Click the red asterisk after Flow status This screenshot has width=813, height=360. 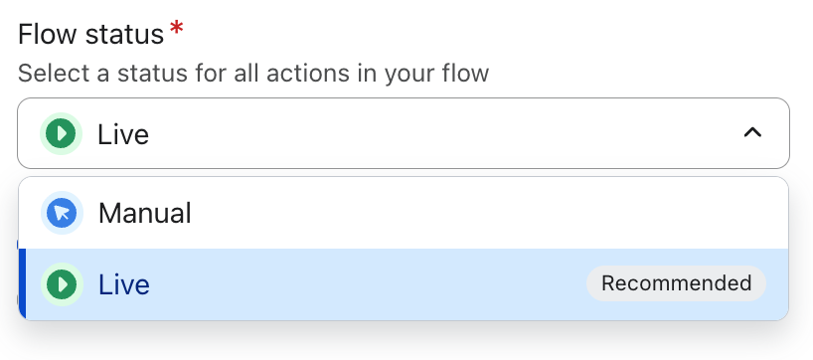176,28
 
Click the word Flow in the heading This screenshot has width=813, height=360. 48,35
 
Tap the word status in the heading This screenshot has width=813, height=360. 124,35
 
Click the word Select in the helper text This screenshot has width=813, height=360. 54,74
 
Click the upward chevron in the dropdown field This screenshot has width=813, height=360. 752,133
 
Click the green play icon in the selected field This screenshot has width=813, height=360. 62,134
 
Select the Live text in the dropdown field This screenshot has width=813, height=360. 123,134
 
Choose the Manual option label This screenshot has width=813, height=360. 145,213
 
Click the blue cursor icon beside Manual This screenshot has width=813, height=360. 62,213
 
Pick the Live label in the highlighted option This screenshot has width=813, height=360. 124,284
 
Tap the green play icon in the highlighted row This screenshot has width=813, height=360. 62,284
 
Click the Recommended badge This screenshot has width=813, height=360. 676,283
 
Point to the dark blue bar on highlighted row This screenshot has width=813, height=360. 22,284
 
